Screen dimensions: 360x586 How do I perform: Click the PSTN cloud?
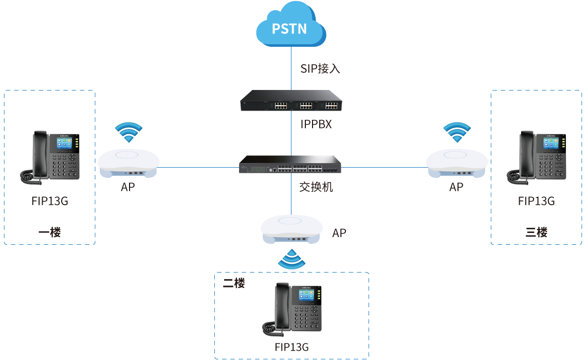pyautogui.click(x=291, y=27)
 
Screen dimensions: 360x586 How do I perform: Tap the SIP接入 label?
pyautogui.click(x=320, y=68)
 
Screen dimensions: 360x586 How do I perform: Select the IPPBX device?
pyautogui.click(x=290, y=101)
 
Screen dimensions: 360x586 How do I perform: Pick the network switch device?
pyautogui.click(x=290, y=165)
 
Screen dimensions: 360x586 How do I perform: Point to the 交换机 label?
pyautogui.click(x=316, y=187)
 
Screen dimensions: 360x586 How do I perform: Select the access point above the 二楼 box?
pyautogui.click(x=291, y=229)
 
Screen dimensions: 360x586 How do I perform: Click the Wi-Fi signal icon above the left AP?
pyautogui.click(x=128, y=132)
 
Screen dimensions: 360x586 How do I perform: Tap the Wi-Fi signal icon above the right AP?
pyautogui.click(x=457, y=132)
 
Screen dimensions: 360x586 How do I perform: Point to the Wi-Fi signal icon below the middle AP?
pyautogui.click(x=291, y=260)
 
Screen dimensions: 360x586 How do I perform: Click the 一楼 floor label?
pyautogui.click(x=49, y=232)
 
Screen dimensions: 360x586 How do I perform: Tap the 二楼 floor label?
pyautogui.click(x=234, y=283)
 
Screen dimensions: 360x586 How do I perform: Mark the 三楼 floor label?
pyautogui.click(x=536, y=232)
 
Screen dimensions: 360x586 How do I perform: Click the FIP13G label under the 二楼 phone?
pyautogui.click(x=291, y=347)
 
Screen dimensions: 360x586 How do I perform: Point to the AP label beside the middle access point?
pyautogui.click(x=339, y=233)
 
